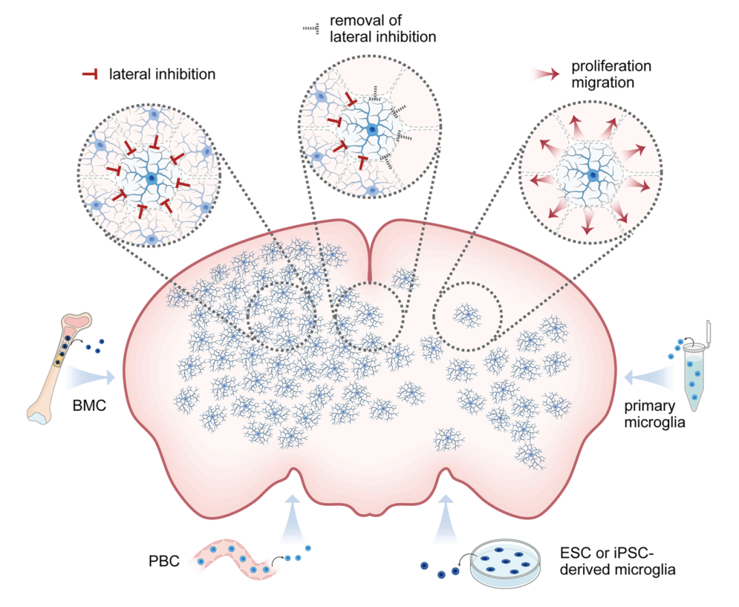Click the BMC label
coord(88,404)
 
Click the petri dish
coord(504,560)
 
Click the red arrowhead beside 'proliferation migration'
coord(545,74)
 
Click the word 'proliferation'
coord(610,66)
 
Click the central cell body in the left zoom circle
coord(151,180)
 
